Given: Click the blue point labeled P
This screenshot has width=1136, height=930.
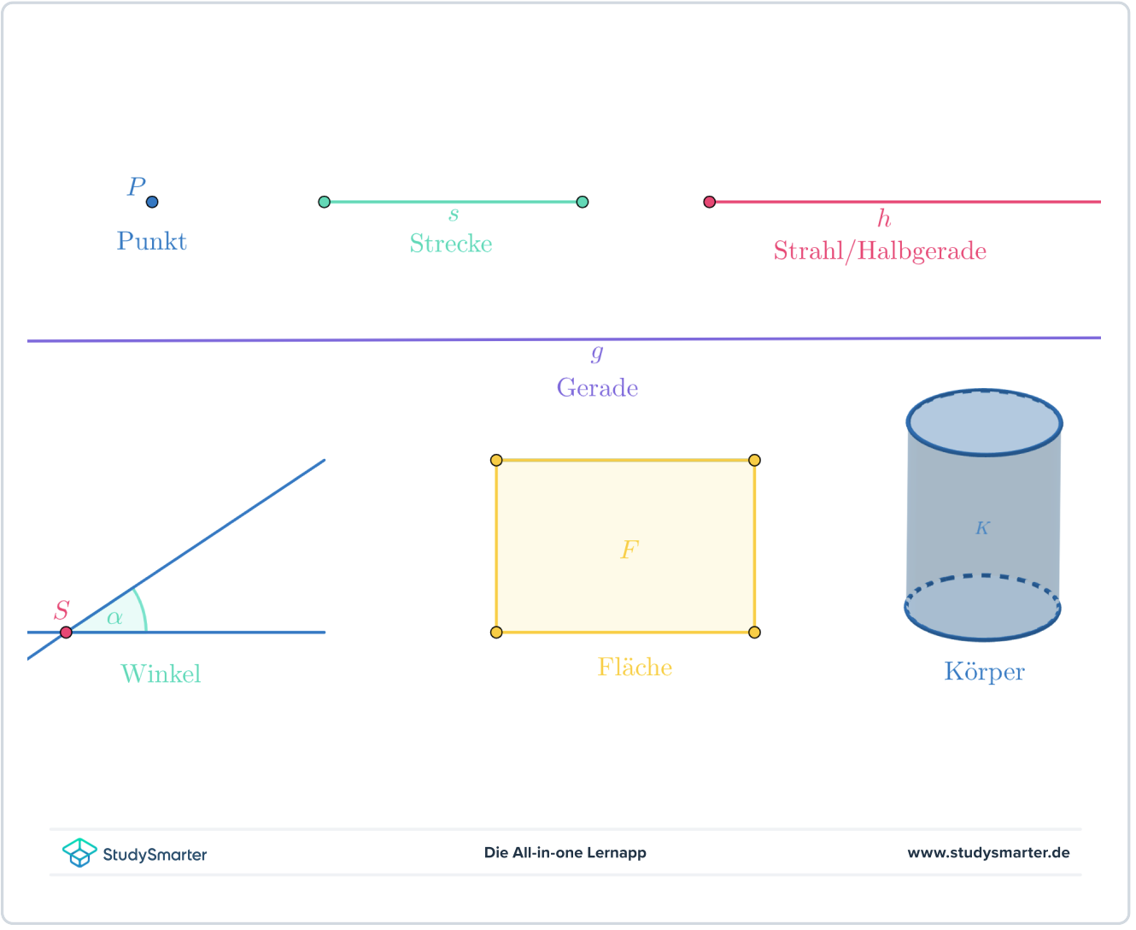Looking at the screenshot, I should (x=152, y=202).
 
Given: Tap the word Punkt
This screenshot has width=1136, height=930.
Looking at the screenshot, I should (x=151, y=241).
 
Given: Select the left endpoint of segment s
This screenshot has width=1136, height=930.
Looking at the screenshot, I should (x=324, y=202).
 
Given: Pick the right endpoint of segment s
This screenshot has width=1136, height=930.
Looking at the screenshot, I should (x=583, y=202).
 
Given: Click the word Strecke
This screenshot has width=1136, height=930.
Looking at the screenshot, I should (x=450, y=244).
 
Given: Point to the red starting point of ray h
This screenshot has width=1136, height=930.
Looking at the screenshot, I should (x=709, y=202).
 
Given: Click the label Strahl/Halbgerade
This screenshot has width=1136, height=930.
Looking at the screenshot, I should (x=880, y=251).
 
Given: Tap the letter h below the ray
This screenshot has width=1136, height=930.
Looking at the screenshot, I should (x=884, y=219).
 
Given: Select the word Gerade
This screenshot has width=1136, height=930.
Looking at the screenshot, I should (x=597, y=388).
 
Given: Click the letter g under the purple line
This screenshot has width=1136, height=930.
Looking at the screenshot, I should (x=597, y=351).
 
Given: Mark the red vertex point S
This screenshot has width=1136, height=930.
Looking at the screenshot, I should (x=66, y=633).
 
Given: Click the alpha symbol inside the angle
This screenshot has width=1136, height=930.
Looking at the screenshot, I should (x=114, y=617).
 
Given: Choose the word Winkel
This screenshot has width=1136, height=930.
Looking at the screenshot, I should (x=161, y=674).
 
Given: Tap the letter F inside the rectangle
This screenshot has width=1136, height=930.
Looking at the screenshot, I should (x=629, y=550).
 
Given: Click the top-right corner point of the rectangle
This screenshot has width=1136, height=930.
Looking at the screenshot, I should (x=754, y=461).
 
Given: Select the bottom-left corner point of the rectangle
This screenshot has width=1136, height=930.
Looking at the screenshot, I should (x=496, y=633).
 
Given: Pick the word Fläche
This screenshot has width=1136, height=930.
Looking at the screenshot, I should (x=635, y=668).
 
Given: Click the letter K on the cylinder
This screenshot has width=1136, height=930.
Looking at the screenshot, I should (x=982, y=528).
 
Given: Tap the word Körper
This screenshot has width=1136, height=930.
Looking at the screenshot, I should (x=984, y=672).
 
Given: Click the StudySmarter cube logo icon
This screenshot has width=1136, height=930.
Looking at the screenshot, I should (x=79, y=852).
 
